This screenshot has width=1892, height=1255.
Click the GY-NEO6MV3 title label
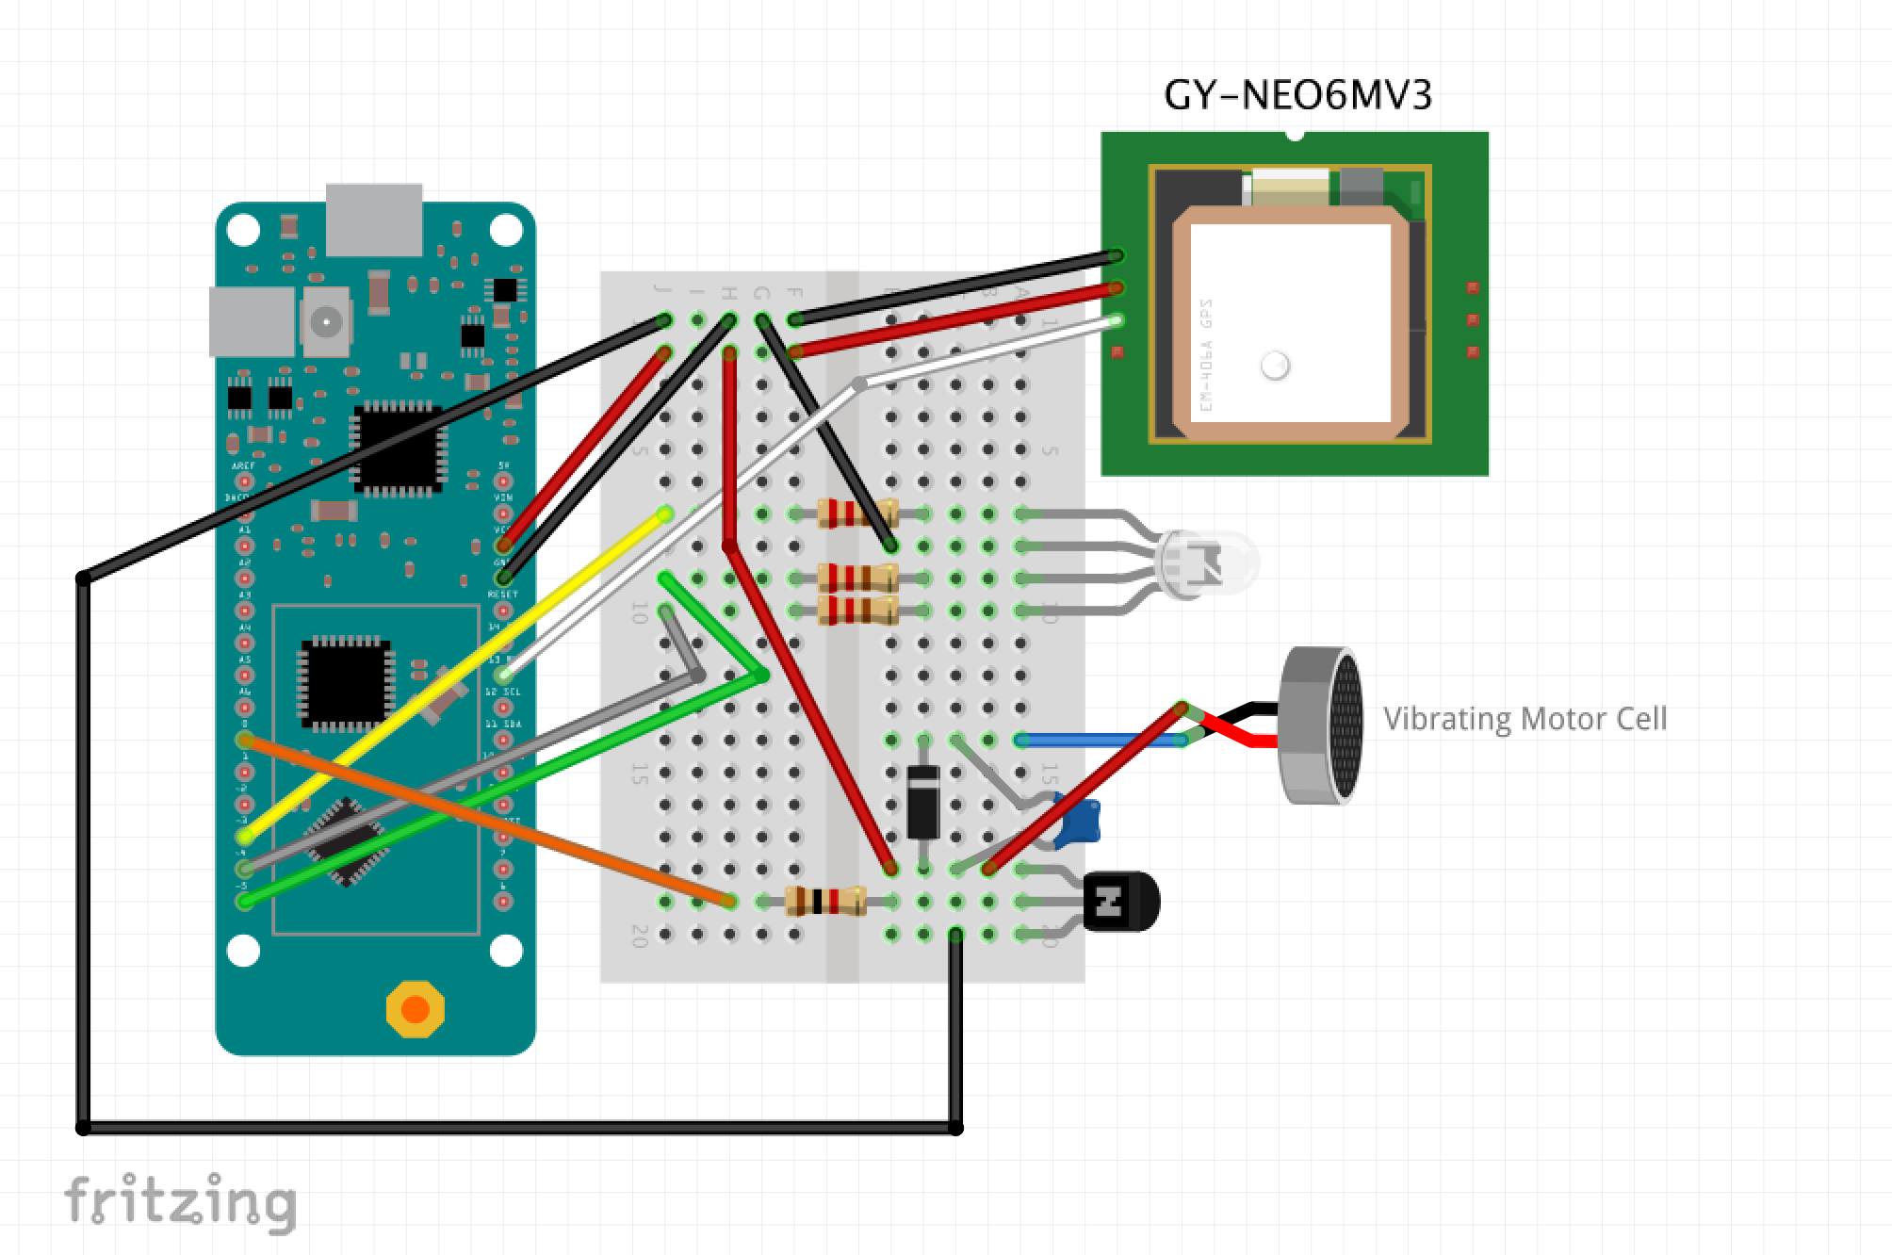click(x=1297, y=95)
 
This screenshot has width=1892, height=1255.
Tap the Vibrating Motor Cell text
click(x=1525, y=719)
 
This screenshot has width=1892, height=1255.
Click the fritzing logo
click(x=180, y=1203)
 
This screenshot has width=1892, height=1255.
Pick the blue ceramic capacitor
click(x=1080, y=821)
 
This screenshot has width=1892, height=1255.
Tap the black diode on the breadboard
click(x=922, y=802)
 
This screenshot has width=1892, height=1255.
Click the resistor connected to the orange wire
click(x=826, y=902)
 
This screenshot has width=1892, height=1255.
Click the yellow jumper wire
click(x=452, y=676)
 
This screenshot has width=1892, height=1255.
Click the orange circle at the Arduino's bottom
click(x=415, y=1009)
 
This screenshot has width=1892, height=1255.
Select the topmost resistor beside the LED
click(x=856, y=514)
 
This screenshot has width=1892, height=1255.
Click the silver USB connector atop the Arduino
click(x=374, y=220)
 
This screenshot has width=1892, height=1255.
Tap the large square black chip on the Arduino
click(x=397, y=448)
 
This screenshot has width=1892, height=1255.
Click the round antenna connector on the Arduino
click(x=326, y=322)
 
